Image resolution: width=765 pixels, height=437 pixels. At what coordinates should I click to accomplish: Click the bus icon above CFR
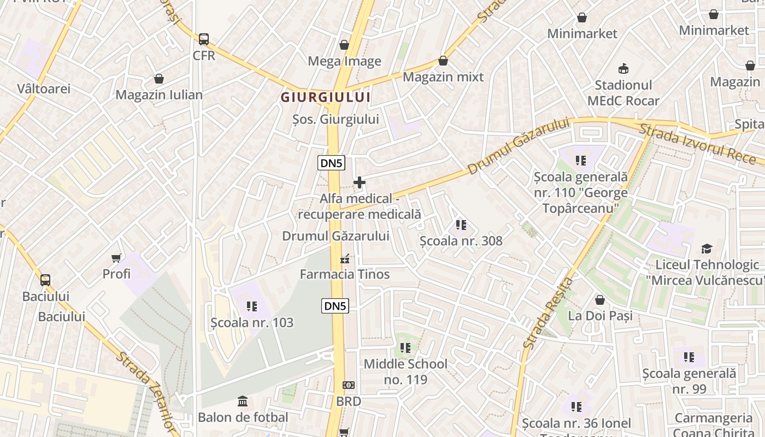click(204, 39)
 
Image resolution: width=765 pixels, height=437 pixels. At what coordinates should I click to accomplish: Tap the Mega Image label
click(344, 61)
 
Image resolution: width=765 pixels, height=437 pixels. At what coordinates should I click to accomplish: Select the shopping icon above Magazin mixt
click(443, 61)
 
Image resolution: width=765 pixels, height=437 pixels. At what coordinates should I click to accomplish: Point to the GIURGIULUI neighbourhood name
click(326, 98)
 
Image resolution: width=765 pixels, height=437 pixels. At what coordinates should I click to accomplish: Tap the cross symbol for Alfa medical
click(360, 182)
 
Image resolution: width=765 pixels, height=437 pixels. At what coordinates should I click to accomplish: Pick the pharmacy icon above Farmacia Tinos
click(345, 258)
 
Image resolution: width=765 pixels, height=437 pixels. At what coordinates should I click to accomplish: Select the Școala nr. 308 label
click(461, 241)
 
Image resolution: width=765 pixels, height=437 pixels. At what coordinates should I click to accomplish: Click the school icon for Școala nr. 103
click(251, 306)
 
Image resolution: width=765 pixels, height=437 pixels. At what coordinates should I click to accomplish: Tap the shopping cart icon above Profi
click(116, 258)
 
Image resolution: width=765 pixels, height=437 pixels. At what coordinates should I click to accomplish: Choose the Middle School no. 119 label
click(405, 371)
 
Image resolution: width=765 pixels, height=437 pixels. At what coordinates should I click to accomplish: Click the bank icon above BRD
click(349, 385)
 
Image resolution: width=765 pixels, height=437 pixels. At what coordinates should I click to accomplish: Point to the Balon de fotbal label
click(243, 417)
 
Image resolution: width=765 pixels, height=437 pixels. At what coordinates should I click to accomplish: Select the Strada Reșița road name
click(548, 314)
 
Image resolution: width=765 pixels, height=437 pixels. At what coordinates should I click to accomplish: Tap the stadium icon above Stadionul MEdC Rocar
click(623, 68)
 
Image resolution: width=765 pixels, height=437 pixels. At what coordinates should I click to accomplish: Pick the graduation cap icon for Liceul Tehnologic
click(707, 249)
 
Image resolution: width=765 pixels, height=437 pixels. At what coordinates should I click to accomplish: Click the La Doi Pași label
click(600, 316)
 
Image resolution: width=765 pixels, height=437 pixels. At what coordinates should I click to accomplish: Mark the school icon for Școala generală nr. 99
click(689, 357)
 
